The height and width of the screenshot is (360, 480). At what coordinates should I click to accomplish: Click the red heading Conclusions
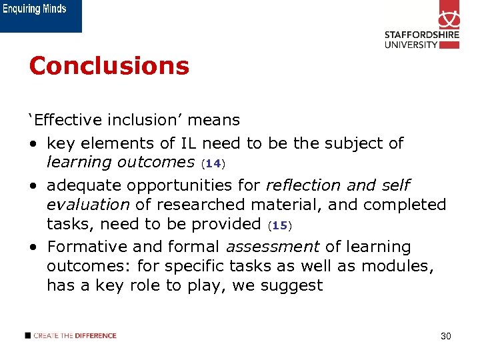pyautogui.click(x=109, y=66)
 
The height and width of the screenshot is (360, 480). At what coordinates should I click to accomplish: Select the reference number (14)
pyautogui.click(x=213, y=163)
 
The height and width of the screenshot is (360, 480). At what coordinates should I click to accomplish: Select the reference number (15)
pyautogui.click(x=279, y=226)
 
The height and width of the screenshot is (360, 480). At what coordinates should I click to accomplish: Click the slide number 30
pyautogui.click(x=446, y=336)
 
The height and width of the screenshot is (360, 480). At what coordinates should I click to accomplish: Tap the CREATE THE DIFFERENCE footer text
pyautogui.click(x=75, y=336)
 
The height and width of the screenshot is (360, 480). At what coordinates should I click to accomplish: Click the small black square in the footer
pyautogui.click(x=28, y=336)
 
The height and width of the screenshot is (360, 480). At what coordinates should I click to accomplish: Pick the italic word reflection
pyautogui.click(x=299, y=185)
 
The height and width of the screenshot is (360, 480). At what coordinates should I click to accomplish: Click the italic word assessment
pyautogui.click(x=273, y=247)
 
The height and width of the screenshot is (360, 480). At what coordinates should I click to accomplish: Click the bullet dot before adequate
pyautogui.click(x=33, y=185)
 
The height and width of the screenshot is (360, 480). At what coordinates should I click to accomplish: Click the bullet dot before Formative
pyautogui.click(x=33, y=247)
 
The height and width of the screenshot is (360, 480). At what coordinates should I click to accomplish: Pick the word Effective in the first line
pyautogui.click(x=65, y=120)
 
